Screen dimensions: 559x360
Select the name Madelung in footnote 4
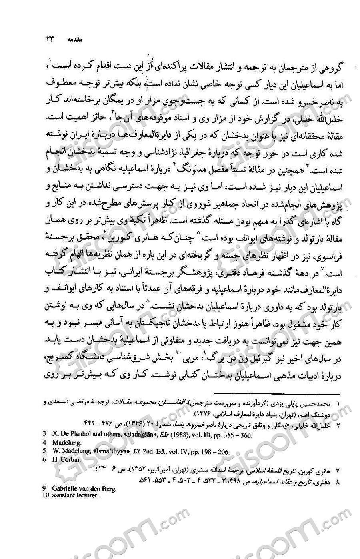click(x=67, y=443)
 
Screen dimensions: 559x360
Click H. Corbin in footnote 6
click(x=66, y=460)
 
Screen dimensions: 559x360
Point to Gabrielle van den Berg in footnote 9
click(x=84, y=489)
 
